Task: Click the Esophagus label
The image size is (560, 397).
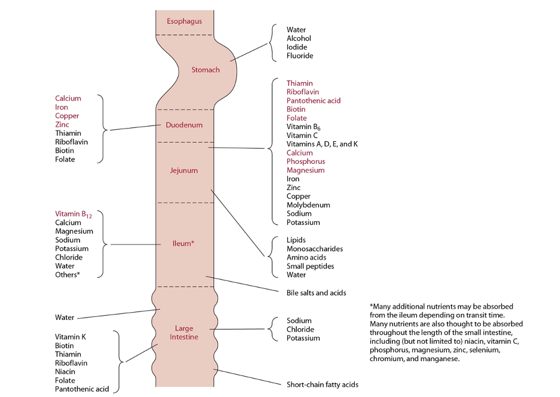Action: (184, 22)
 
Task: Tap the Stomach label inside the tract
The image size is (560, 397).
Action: (205, 70)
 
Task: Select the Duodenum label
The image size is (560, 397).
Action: (184, 126)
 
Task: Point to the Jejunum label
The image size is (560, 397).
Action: (184, 170)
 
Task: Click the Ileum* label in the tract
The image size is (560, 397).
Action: (184, 244)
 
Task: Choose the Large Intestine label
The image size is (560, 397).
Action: (184, 332)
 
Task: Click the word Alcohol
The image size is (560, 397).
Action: (299, 38)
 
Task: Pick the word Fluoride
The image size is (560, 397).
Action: (300, 56)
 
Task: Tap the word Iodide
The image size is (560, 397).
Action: (297, 47)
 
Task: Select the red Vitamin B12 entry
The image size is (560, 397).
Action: (71, 214)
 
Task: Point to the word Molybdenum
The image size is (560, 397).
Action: (308, 205)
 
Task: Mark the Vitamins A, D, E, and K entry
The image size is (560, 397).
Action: (322, 144)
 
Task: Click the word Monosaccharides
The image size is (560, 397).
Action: (315, 249)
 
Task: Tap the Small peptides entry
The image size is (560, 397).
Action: (310, 266)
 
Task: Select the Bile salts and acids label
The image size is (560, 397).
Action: (316, 293)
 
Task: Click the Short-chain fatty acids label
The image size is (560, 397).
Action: (322, 384)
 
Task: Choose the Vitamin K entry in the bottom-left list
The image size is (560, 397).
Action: (71, 337)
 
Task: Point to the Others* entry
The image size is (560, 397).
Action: (68, 274)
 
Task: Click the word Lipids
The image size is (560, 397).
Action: (297, 240)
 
